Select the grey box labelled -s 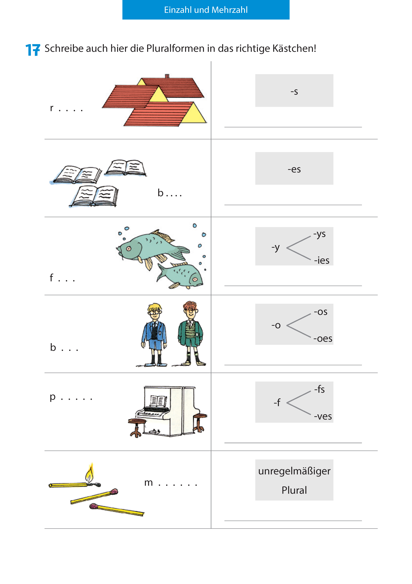tap(294, 91)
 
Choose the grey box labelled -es tap(294, 168)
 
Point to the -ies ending tap(322, 260)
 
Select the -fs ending tap(319, 389)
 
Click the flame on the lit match tap(90, 473)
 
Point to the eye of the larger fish tap(129, 249)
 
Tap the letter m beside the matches tap(148, 483)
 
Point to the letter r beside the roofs tap(52, 108)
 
